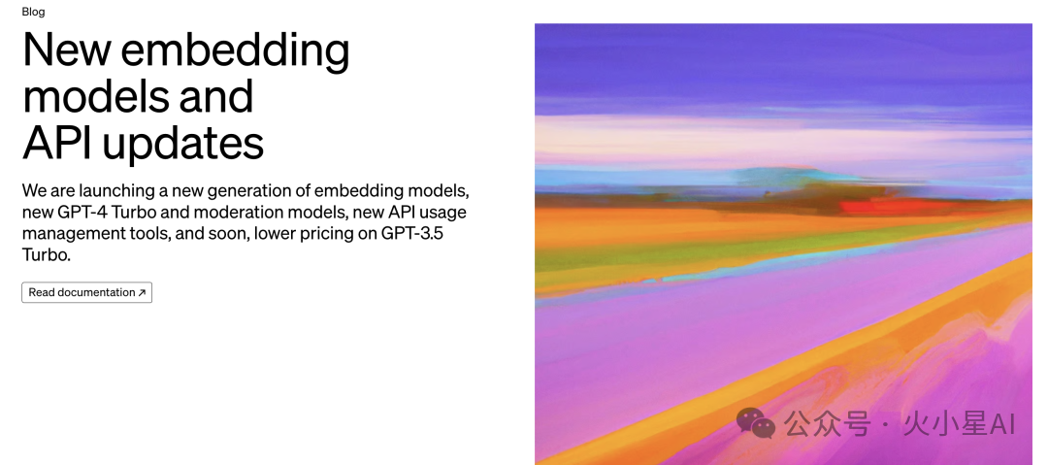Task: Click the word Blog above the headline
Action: (33, 12)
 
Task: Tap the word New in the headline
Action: (66, 50)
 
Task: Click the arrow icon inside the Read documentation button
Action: (142, 292)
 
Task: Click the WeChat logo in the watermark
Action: (755, 423)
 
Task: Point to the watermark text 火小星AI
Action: (959, 424)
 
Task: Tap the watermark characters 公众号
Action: (827, 424)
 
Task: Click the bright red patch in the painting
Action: (868, 206)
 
